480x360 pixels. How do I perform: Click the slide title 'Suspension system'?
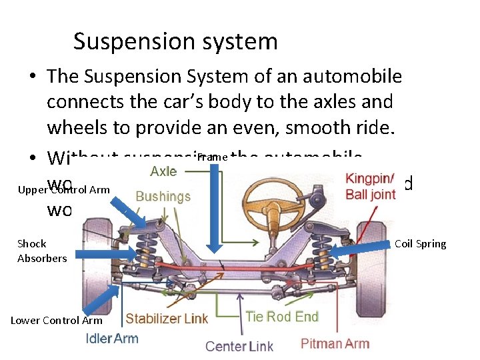tap(175, 42)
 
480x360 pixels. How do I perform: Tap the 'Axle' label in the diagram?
tap(163, 171)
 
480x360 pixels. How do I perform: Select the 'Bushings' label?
tap(163, 196)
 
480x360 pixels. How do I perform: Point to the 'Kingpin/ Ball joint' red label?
tap(370, 187)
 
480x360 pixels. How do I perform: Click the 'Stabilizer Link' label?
tap(167, 319)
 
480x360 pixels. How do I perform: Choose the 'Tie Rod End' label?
tap(282, 317)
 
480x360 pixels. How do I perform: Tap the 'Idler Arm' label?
tap(112, 338)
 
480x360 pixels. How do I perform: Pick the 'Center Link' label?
tap(239, 346)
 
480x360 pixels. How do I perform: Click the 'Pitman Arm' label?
tap(335, 344)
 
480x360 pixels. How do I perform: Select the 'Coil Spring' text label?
tap(421, 244)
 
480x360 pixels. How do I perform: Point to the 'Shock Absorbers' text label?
tap(42, 251)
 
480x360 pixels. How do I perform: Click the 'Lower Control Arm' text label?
tap(56, 321)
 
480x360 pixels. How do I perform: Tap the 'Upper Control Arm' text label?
tap(64, 190)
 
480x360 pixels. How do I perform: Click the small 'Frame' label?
tap(213, 157)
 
